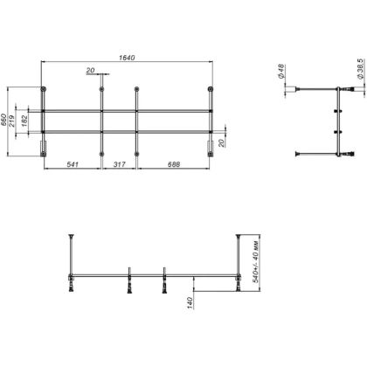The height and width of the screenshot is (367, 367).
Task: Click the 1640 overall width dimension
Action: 128,57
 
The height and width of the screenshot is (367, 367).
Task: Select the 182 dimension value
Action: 31,121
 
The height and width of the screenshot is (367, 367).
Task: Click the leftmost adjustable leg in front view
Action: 71,282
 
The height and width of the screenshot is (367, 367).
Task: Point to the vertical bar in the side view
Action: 338,122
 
